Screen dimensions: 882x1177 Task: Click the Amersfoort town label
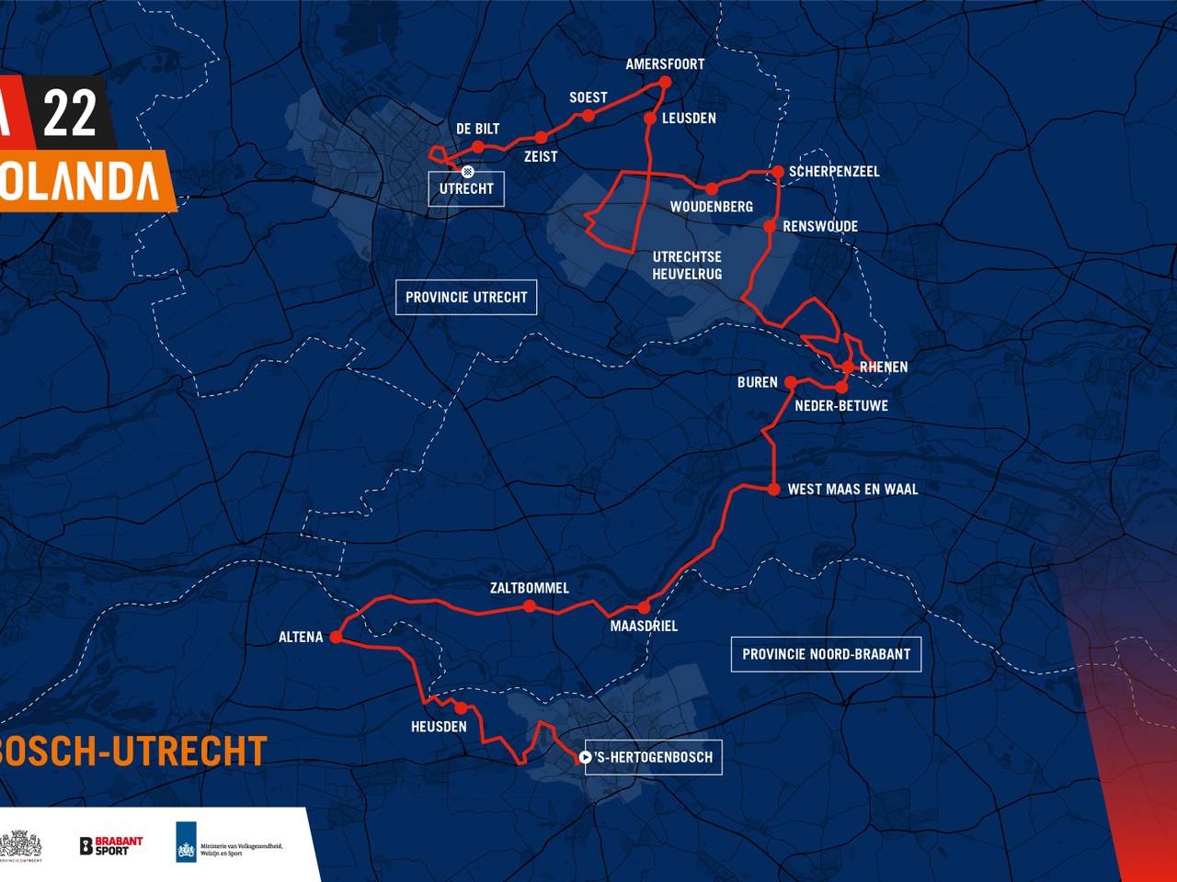(665, 64)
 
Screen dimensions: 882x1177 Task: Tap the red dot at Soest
(588, 115)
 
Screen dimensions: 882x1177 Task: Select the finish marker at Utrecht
(467, 171)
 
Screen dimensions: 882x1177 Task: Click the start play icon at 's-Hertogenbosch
(585, 758)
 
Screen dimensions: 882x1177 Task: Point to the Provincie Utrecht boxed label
(466, 298)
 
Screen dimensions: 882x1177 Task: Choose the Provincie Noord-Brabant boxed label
(826, 654)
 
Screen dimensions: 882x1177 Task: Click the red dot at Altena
(336, 637)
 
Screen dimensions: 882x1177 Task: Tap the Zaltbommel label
(529, 588)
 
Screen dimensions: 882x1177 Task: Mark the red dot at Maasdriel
(644, 607)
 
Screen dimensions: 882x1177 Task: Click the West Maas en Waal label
(852, 490)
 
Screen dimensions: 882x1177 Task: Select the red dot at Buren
(790, 382)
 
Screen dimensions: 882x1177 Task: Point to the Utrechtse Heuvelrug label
(687, 266)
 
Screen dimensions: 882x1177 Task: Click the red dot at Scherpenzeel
(778, 172)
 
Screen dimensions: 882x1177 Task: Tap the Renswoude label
(820, 226)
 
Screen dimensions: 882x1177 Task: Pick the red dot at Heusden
(461, 707)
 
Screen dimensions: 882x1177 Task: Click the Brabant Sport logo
(111, 845)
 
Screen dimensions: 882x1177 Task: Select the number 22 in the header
(70, 114)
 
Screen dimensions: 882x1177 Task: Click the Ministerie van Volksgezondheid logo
(229, 842)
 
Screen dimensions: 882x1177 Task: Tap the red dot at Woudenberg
(712, 188)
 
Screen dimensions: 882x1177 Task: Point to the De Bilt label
(477, 129)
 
